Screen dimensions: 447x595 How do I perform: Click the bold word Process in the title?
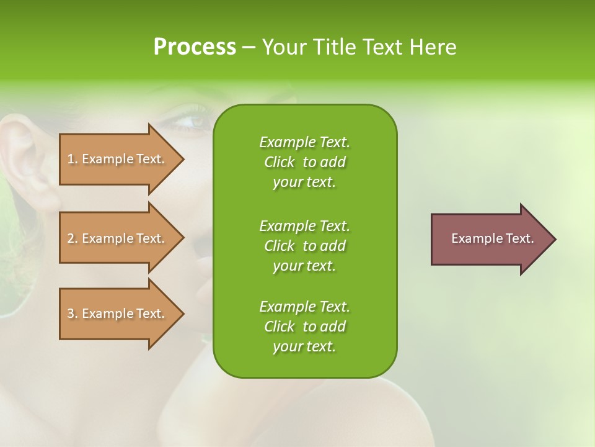tap(195, 47)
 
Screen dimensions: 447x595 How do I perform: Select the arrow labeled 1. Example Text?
tap(118, 159)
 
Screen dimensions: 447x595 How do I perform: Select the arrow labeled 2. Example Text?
tap(118, 238)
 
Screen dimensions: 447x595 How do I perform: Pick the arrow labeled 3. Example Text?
tap(118, 314)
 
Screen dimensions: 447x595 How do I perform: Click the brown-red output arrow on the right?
tap(490, 239)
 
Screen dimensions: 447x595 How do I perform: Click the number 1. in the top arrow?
tap(72, 159)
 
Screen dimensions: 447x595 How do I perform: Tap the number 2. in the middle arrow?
tap(72, 238)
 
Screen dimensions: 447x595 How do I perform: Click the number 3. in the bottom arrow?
tap(72, 314)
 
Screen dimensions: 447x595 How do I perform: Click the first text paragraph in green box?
tap(304, 162)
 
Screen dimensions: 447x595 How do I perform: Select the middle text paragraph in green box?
tap(304, 245)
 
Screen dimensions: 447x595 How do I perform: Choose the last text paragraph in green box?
tap(304, 327)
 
